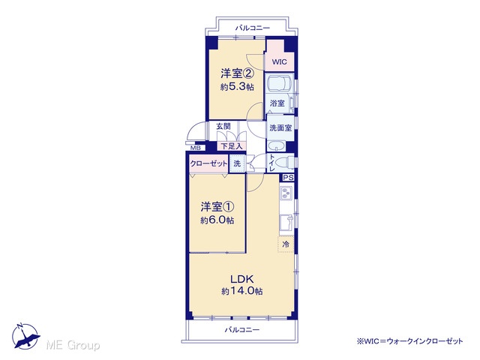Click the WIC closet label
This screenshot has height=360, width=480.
(280, 61)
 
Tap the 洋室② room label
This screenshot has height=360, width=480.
(237, 73)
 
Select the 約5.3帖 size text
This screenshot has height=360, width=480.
(237, 87)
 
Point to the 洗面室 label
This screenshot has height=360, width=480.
(280, 128)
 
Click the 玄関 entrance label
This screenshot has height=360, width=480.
(223, 126)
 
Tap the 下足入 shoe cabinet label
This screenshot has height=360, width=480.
(232, 146)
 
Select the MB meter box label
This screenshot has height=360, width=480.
(196, 148)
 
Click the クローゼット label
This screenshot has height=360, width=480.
(208, 163)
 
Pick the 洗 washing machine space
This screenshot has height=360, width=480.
(237, 163)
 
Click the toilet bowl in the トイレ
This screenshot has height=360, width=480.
(285, 163)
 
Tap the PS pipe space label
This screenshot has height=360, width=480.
(288, 178)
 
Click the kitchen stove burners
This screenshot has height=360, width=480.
(286, 193)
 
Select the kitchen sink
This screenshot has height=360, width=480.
(286, 223)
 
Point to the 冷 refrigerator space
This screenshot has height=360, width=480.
(286, 244)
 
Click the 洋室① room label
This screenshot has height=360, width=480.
(217, 207)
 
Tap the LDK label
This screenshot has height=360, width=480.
(241, 279)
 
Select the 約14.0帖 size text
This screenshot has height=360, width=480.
(241, 291)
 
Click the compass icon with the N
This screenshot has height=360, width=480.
(25, 336)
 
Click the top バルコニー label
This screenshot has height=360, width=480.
(253, 28)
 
